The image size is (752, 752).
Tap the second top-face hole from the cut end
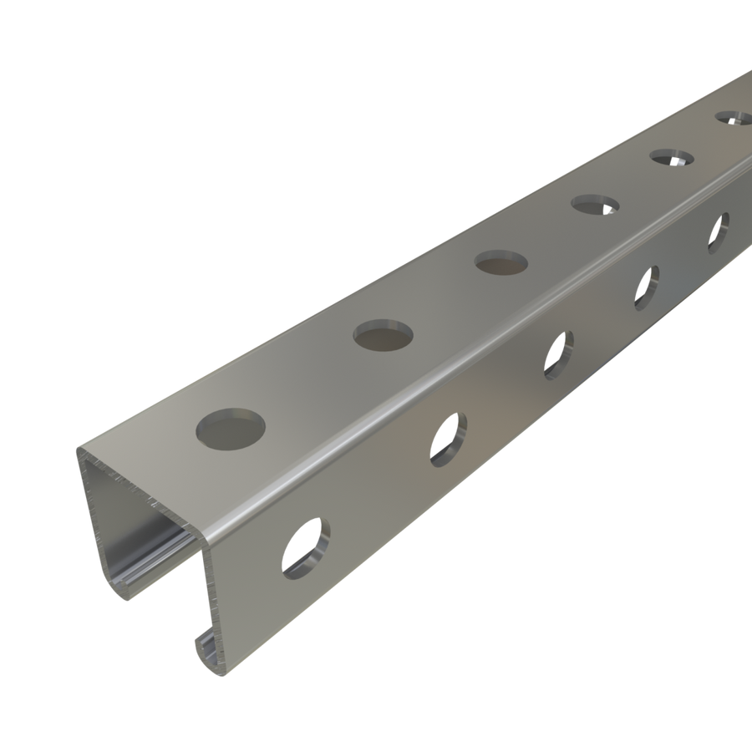(384, 335)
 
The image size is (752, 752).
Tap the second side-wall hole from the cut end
(448, 438)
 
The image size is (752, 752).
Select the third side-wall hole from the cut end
(559, 355)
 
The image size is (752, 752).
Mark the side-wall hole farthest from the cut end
(718, 233)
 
